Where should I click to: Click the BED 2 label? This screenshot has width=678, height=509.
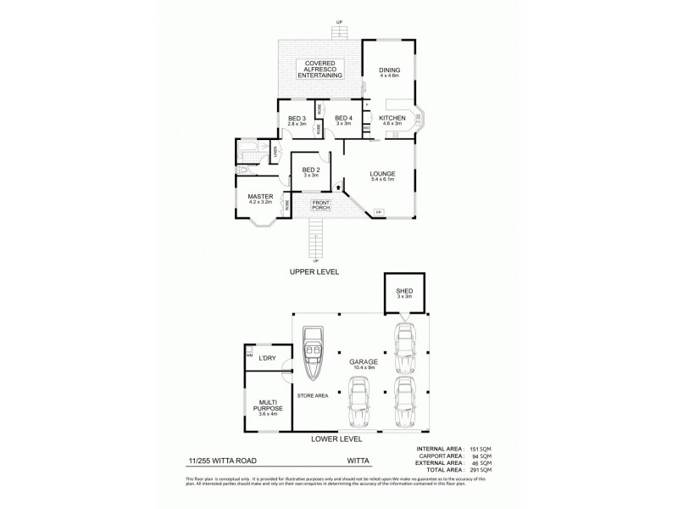click(310, 171)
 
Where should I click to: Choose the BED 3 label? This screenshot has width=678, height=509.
click(296, 120)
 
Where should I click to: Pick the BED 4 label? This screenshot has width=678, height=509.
click(343, 120)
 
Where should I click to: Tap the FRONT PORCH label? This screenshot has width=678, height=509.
click(320, 204)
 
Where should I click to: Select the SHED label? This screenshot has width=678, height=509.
click(404, 294)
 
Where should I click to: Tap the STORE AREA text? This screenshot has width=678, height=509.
click(312, 394)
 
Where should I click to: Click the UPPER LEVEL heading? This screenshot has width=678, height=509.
click(315, 271)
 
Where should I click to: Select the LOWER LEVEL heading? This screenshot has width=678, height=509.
click(338, 439)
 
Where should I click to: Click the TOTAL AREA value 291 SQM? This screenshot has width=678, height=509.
click(481, 469)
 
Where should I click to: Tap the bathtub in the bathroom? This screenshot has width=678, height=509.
click(248, 152)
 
